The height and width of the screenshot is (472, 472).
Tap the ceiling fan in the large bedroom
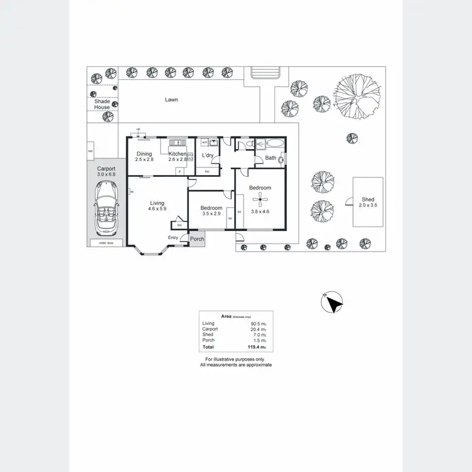pyautogui.click(x=260, y=201)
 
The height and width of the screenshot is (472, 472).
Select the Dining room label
pyautogui.click(x=144, y=154)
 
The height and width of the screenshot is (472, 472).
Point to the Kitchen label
pyautogui.click(x=177, y=154)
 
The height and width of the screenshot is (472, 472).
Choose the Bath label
pyautogui.click(x=271, y=158)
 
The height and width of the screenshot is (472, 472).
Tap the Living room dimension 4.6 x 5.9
pyautogui.click(x=157, y=210)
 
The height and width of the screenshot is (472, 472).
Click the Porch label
pyautogui.click(x=197, y=239)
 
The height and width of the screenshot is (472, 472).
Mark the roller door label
pyautogui.click(x=97, y=242)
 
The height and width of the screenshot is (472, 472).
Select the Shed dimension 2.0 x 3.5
pyautogui.click(x=368, y=205)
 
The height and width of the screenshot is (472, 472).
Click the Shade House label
pyautogui.click(x=102, y=104)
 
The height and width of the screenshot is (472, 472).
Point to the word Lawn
pyautogui.click(x=171, y=99)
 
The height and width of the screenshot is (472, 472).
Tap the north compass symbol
pyautogui.click(x=332, y=304)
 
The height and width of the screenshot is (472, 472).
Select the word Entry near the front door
pyautogui.click(x=173, y=237)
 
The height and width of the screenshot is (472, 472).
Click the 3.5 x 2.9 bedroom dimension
pyautogui.click(x=211, y=214)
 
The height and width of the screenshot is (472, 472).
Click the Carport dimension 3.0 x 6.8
pyautogui.click(x=105, y=174)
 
